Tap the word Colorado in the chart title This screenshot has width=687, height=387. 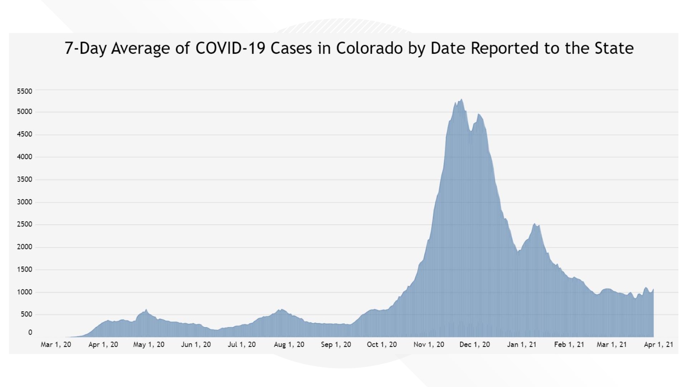pos(369,48)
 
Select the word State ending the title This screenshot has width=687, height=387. pos(614,48)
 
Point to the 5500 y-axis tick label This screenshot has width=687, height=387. pos(24,91)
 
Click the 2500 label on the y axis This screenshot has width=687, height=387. pos(24,224)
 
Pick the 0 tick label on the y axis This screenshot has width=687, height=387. pos(30,333)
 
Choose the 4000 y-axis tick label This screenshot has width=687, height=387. pos(24,157)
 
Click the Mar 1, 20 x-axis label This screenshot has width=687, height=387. pos(56,345)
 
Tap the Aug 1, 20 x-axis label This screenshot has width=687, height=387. pos(289,345)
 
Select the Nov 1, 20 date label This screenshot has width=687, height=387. pos(429,345)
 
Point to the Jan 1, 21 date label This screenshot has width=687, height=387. pos(522,345)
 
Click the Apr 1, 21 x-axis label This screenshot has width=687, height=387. pos(658,345)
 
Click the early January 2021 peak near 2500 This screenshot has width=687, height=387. pos(535,224)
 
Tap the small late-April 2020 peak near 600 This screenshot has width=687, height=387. pos(146,310)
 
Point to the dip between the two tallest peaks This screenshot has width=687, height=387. pos(471,131)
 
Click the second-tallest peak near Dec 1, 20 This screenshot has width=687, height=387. pos(479,114)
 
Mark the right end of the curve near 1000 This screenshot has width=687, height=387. pos(653,290)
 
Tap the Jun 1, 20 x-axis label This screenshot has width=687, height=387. pos(196,345)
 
